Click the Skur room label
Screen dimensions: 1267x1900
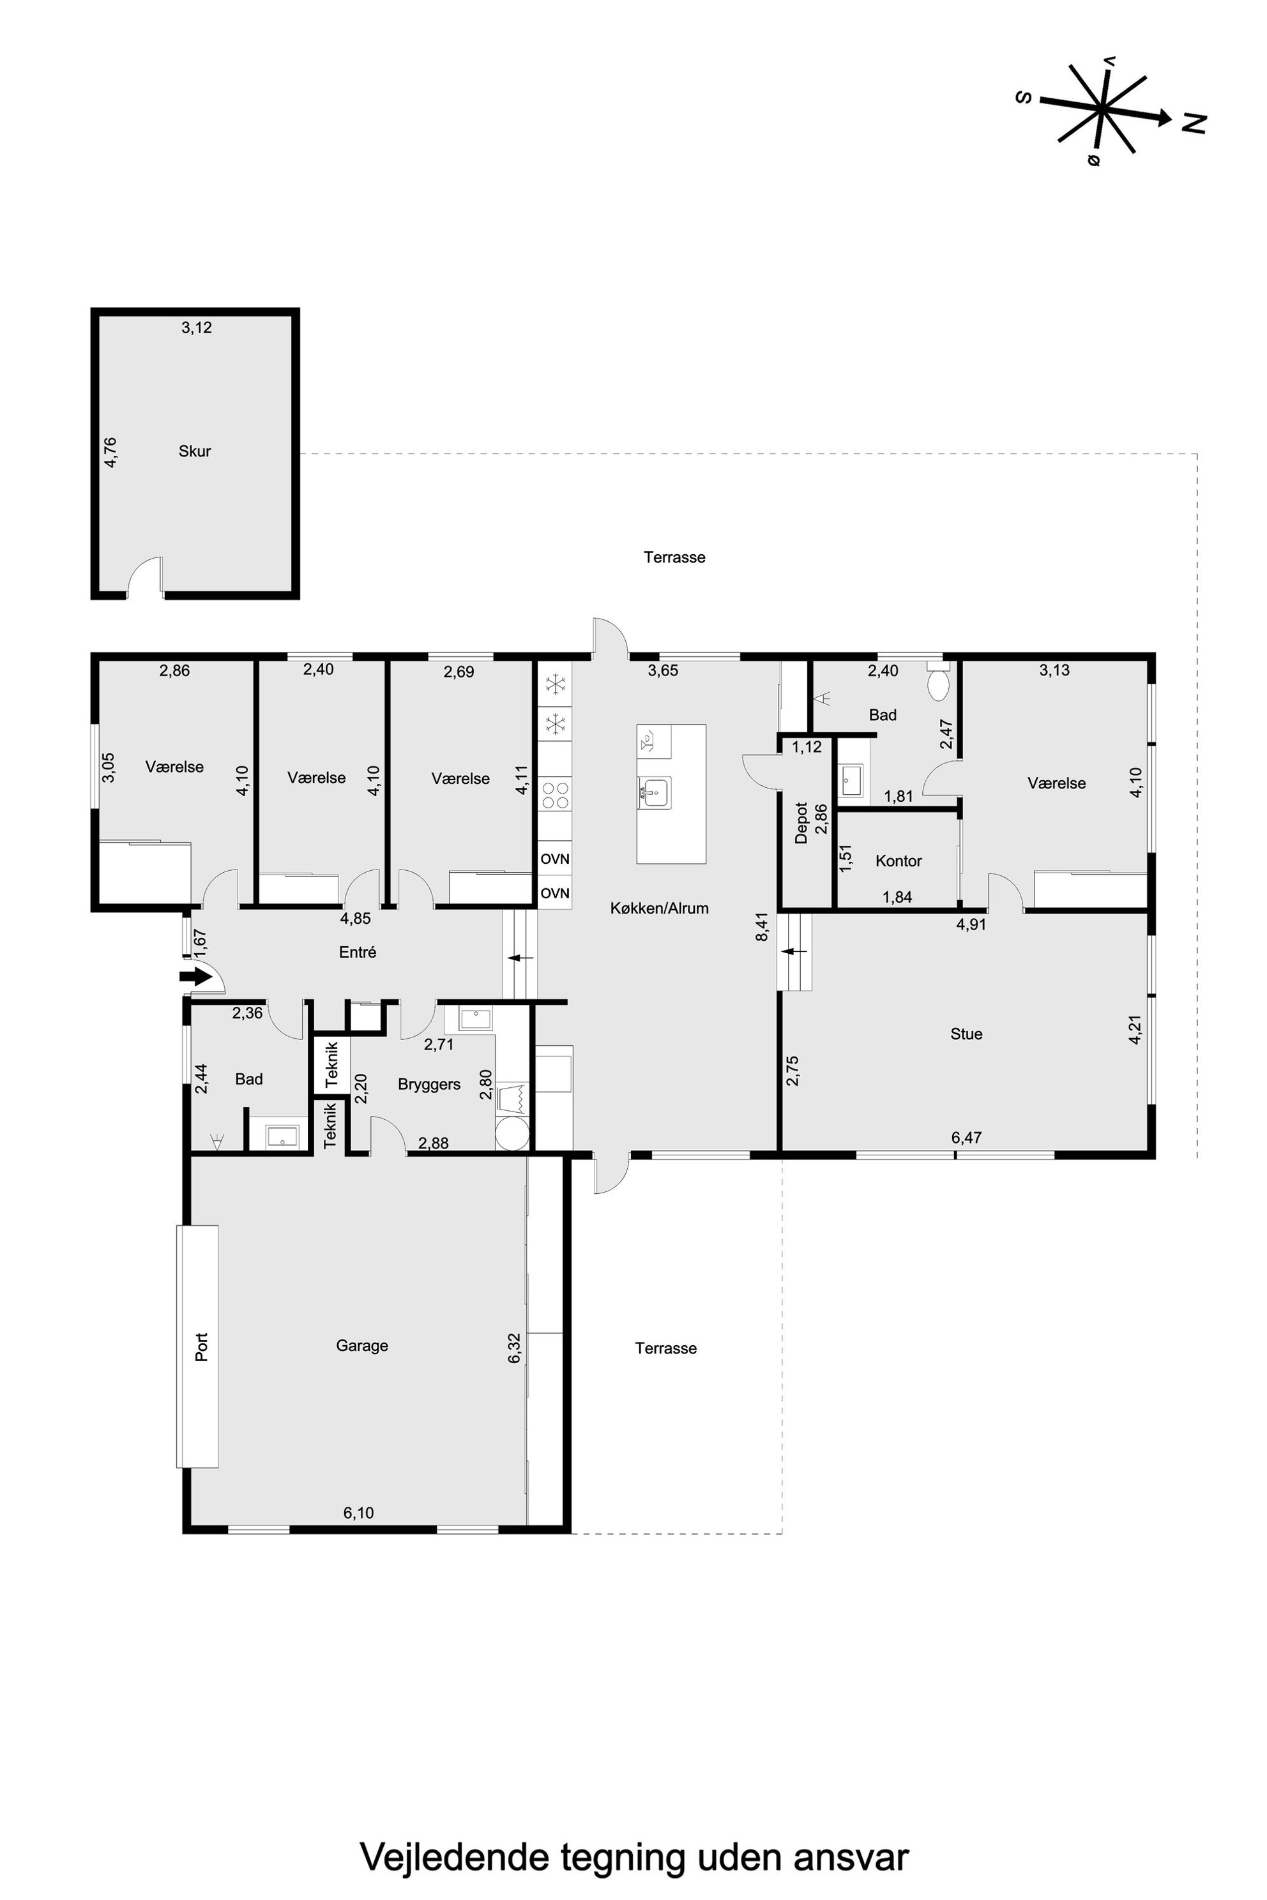pyautogui.click(x=195, y=451)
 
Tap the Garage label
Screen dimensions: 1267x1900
pyautogui.click(x=362, y=1346)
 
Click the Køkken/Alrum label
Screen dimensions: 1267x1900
pyautogui.click(x=659, y=908)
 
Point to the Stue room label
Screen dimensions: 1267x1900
pyautogui.click(x=966, y=1034)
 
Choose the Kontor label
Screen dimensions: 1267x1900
pyautogui.click(x=899, y=861)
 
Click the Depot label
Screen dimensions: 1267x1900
pyautogui.click(x=801, y=822)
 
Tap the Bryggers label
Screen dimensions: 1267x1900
pyautogui.click(x=429, y=1084)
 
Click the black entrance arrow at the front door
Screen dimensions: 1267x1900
pyautogui.click(x=195, y=977)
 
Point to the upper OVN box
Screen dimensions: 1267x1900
pyautogui.click(x=555, y=859)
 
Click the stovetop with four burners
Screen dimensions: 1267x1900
pyautogui.click(x=555, y=794)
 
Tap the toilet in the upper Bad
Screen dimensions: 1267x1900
pyautogui.click(x=939, y=682)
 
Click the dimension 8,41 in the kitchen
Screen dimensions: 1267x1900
pyautogui.click(x=761, y=926)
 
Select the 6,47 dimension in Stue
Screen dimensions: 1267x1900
pyautogui.click(x=966, y=1138)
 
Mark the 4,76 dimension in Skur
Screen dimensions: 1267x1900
pyautogui.click(x=110, y=453)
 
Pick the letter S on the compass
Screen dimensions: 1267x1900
pyautogui.click(x=1024, y=98)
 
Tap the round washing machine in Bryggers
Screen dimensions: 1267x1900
pyautogui.click(x=513, y=1133)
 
